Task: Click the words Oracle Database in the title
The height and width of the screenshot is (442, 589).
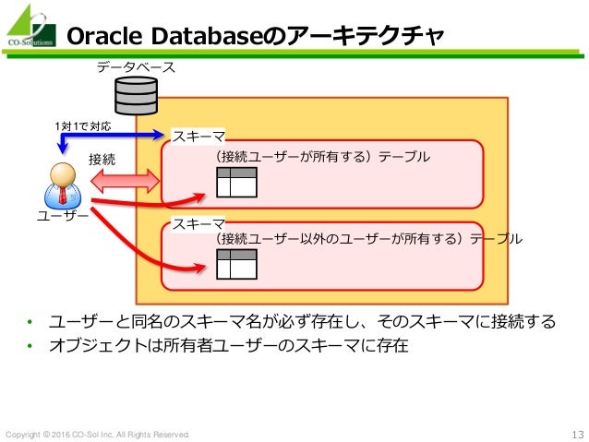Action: [x=158, y=36]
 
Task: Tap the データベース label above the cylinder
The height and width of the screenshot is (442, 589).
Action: [x=136, y=68]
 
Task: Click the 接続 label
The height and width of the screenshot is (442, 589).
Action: [x=102, y=159]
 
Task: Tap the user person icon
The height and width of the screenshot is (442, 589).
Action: [x=62, y=185]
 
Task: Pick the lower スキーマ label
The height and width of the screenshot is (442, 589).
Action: [x=198, y=223]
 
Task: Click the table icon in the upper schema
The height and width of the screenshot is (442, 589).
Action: [x=237, y=184]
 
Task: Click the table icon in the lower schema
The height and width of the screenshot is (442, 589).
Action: [x=237, y=265]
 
